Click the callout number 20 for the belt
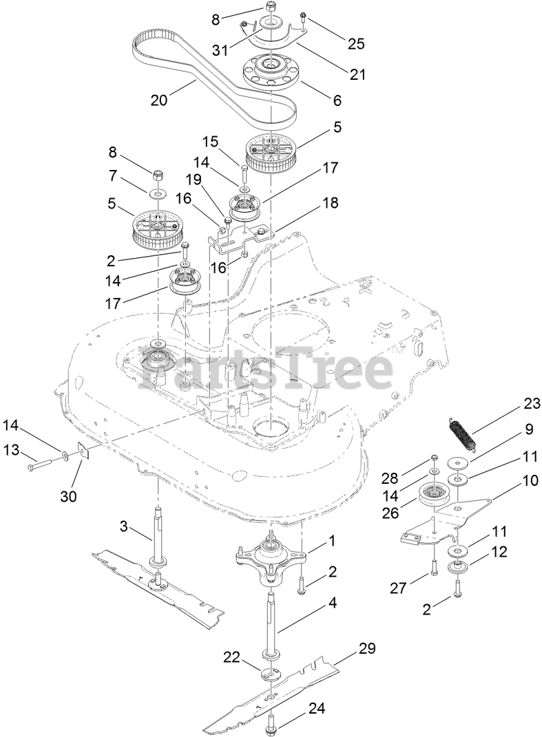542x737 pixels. click(x=159, y=99)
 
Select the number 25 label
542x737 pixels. click(x=356, y=45)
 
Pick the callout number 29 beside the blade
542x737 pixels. click(x=368, y=648)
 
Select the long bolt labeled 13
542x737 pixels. click(x=44, y=469)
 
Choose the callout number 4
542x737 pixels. click(x=333, y=604)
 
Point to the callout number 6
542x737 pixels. click(x=337, y=100)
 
